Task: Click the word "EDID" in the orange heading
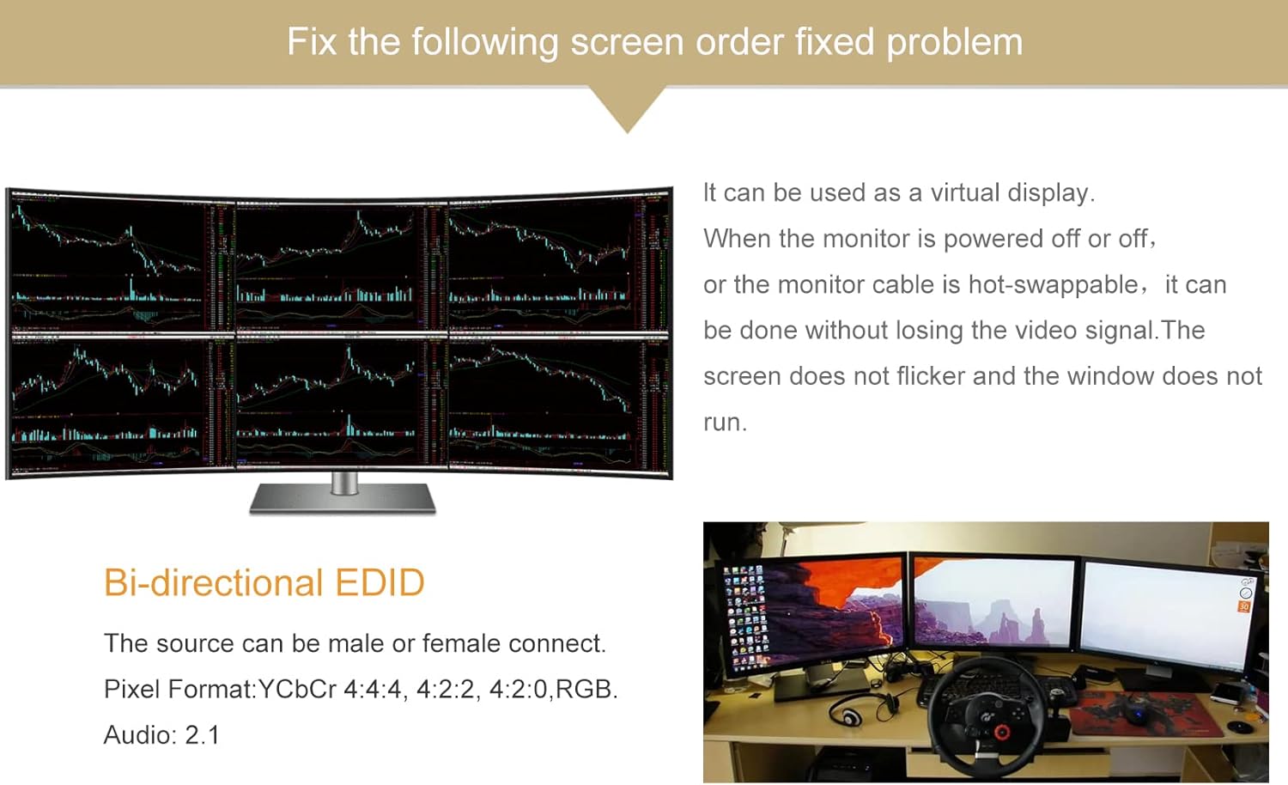click(x=380, y=582)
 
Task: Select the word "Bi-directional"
click(x=212, y=582)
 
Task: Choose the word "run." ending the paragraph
click(x=725, y=423)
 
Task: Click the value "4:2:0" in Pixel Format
click(x=518, y=689)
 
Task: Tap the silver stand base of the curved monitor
click(x=343, y=499)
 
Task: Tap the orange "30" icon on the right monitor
click(x=1243, y=606)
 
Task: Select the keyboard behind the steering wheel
click(x=945, y=687)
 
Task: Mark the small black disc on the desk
click(x=1239, y=727)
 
